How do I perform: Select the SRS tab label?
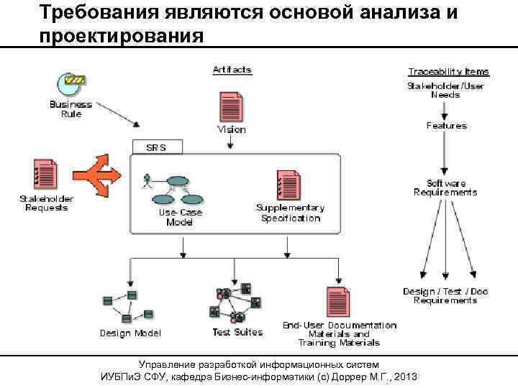coord(156,147)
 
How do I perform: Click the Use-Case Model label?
coord(180,217)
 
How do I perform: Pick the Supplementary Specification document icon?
coord(288,185)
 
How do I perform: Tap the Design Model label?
coord(130,333)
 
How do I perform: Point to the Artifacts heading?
coord(232,70)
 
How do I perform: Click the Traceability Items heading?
coord(448,72)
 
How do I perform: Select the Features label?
coord(446,126)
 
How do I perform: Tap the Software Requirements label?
coord(445,188)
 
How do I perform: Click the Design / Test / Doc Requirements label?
coord(445,295)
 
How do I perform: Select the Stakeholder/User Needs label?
coord(445,90)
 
